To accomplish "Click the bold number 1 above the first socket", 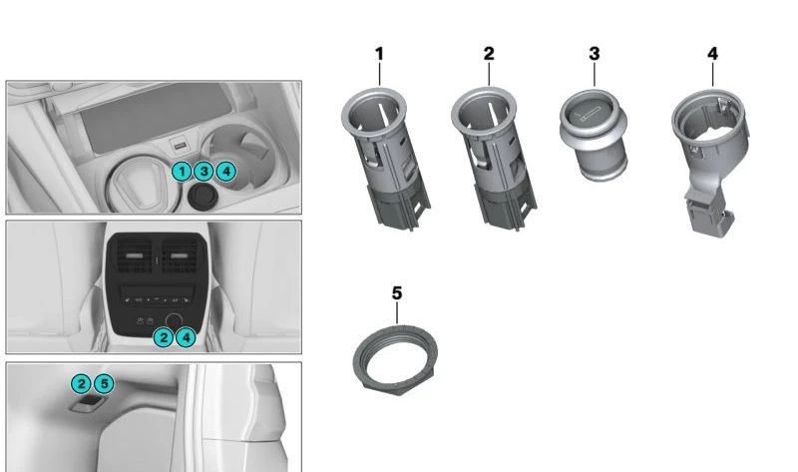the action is point(379,54).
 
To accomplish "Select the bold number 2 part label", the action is point(489,54).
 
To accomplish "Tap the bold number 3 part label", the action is point(594,54).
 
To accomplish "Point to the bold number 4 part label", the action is point(712,54).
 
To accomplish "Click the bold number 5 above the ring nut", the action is point(397,293).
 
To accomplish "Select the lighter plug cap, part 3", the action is point(594,135).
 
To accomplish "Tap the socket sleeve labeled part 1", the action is point(385,158).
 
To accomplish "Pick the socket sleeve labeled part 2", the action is point(493,158).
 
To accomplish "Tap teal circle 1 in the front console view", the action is point(182,172).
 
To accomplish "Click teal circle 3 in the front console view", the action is point(203,172).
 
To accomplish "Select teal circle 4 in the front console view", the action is point(226,172).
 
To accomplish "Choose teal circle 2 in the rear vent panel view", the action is point(164,337).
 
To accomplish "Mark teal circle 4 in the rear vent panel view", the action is point(186,337).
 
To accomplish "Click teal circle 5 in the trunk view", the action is point(104,383).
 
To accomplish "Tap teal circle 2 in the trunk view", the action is point(82,383).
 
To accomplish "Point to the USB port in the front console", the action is point(179,147).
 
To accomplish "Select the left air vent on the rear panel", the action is point(135,255).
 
